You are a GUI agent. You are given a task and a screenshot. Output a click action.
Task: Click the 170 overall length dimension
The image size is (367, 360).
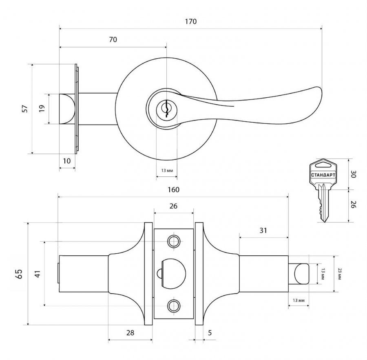[x=191, y=22]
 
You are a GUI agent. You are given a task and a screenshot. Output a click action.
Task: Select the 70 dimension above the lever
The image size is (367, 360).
[x=113, y=40]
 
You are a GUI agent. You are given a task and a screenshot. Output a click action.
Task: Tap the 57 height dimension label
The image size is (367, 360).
[x=25, y=109]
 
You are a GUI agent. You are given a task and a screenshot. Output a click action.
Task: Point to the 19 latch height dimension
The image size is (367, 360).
[x=42, y=108]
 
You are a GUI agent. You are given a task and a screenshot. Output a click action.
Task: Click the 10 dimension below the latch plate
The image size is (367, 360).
[x=67, y=161]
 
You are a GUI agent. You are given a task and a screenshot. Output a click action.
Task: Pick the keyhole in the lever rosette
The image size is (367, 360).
[x=167, y=109]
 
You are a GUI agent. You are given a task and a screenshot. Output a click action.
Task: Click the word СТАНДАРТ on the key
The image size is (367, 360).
[x=323, y=175]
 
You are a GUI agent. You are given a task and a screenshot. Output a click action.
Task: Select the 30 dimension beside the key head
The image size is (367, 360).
[x=354, y=174]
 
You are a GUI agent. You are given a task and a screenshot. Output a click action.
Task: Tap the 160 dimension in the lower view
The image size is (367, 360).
[x=173, y=190]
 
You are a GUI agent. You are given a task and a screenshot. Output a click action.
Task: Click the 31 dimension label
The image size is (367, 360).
[x=263, y=230]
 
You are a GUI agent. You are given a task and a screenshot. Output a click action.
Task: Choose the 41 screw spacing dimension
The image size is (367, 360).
[x=38, y=274]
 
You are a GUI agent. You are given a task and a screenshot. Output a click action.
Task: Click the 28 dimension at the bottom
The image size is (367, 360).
[x=130, y=333]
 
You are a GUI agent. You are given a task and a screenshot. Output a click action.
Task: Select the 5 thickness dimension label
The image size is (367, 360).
[x=210, y=333]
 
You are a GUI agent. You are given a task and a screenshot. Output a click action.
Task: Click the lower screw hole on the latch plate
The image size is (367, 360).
[x=174, y=306]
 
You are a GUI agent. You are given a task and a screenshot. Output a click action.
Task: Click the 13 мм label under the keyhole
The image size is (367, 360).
[x=167, y=171]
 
